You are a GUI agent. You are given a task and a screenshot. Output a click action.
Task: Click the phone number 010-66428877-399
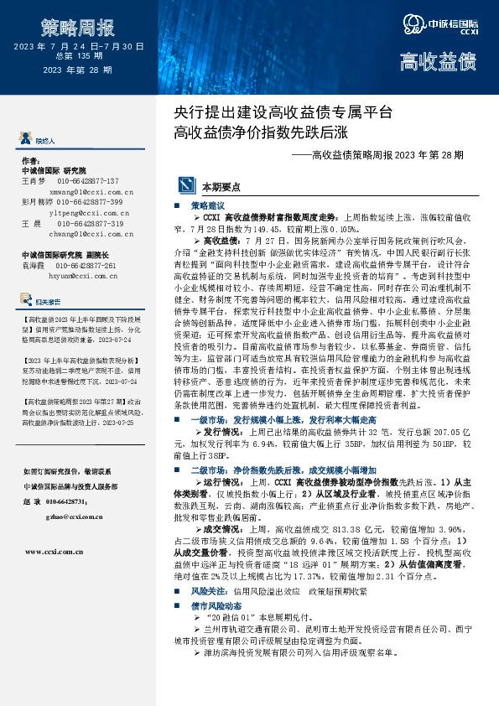pyautogui.click(x=90, y=203)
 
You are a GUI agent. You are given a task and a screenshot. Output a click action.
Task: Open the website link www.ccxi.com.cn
pyautogui.click(x=54, y=552)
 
